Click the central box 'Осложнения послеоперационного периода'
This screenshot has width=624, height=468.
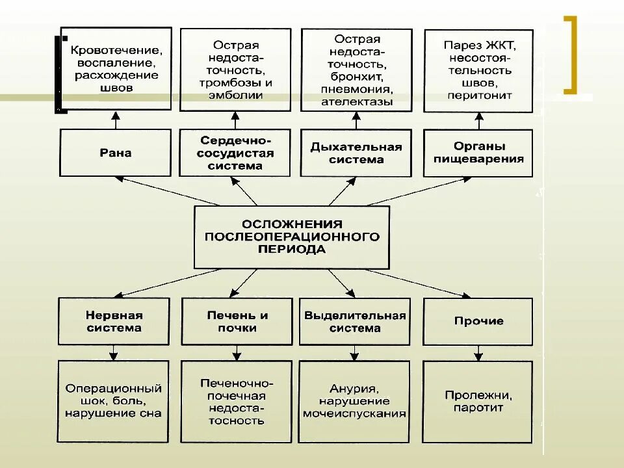pos(292,237)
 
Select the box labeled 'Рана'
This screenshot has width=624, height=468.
pos(116,153)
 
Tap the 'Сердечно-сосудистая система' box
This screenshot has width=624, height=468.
pos(235,153)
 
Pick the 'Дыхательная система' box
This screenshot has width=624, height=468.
pos(356,153)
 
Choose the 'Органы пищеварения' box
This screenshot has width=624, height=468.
pos(478,153)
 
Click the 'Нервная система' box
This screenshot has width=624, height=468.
pos(114,321)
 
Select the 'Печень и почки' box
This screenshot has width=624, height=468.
pos(237,321)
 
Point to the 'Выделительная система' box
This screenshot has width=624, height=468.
pos(354,321)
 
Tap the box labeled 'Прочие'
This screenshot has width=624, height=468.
pos(478,321)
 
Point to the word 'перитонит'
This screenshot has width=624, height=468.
pos(480,96)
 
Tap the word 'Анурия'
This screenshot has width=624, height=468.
pos(354,389)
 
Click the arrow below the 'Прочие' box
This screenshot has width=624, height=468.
pos(478,353)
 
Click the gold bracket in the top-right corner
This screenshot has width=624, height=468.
pos(571,55)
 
